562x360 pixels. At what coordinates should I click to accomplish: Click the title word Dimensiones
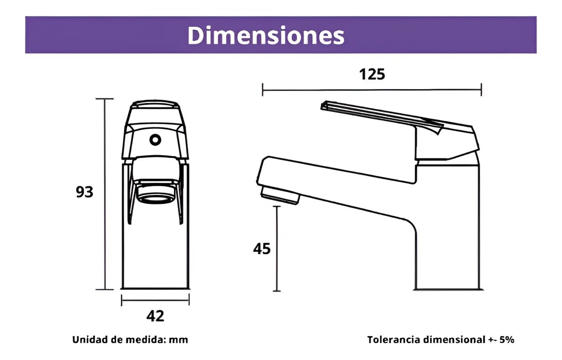click(266, 35)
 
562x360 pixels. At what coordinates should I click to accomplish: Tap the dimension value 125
click(372, 74)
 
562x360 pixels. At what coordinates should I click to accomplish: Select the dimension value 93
click(85, 192)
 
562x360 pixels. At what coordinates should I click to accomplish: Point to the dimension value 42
click(155, 316)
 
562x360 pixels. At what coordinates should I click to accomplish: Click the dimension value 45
click(262, 249)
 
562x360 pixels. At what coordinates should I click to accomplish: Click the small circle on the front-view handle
click(155, 139)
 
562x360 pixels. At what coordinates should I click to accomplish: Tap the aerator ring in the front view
click(155, 196)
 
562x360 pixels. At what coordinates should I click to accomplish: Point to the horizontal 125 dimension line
click(372, 89)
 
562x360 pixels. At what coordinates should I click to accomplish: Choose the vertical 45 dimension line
click(277, 249)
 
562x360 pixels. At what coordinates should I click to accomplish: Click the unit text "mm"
click(179, 340)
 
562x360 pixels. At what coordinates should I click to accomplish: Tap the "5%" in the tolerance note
click(506, 340)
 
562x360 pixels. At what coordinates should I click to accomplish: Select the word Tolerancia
click(393, 340)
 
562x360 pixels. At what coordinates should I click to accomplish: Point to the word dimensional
click(452, 340)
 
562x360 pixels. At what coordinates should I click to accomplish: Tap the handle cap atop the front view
click(155, 107)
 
